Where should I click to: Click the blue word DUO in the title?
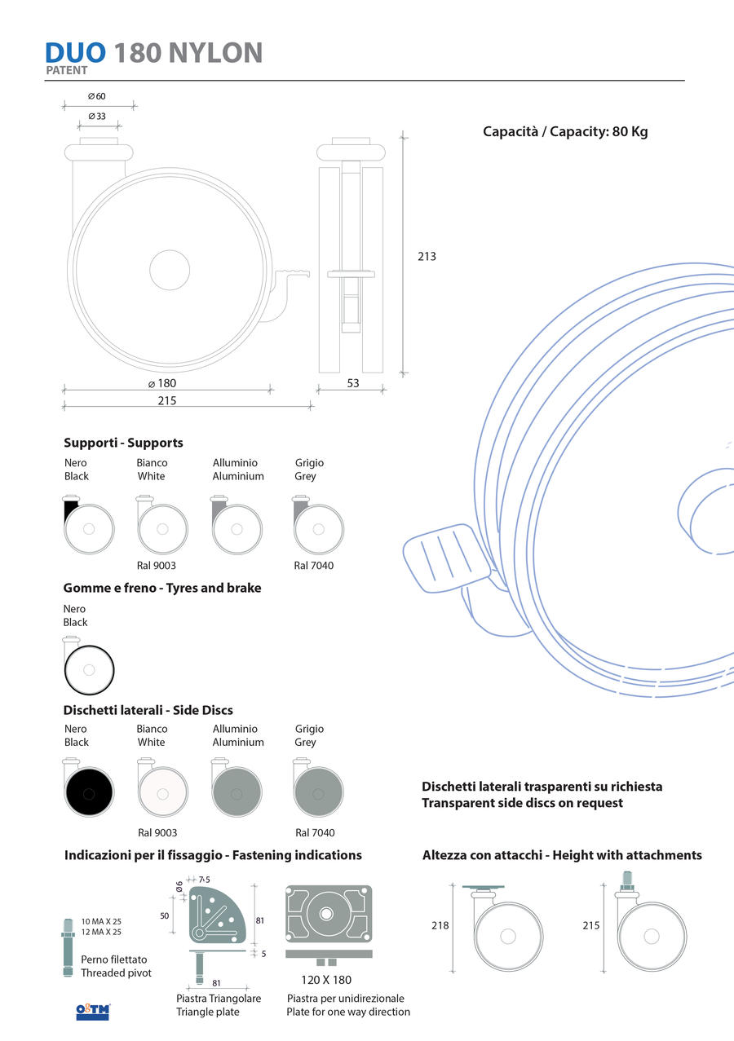[x=75, y=52]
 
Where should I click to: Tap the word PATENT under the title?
[x=67, y=70]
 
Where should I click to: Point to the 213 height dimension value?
[x=427, y=257]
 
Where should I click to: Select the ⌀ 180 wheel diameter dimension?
[x=162, y=383]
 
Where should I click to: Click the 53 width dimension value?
[x=353, y=383]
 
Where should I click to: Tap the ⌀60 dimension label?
[x=97, y=96]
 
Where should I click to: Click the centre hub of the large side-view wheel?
[x=170, y=270]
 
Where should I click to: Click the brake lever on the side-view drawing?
[x=291, y=273]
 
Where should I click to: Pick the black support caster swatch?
[x=88, y=525]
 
